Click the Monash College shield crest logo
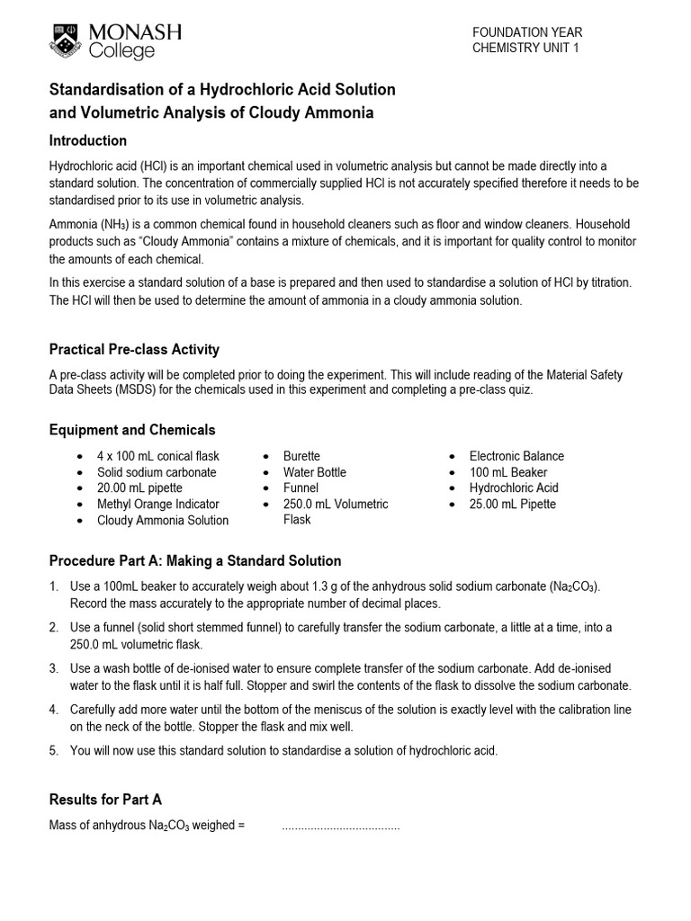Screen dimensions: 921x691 point(66,40)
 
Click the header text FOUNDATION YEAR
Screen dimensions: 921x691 point(527,32)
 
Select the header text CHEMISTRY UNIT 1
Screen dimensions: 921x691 point(526,49)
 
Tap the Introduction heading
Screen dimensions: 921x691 point(87,140)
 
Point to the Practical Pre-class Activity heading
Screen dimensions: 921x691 point(134,349)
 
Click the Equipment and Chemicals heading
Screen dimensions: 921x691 point(132,430)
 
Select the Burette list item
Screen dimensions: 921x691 point(301,456)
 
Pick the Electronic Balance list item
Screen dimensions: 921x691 point(516,456)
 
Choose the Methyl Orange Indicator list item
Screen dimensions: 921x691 point(157,505)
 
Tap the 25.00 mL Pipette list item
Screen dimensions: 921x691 point(512,505)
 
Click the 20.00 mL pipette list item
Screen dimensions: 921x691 point(139,488)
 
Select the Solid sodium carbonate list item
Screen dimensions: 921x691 point(157,472)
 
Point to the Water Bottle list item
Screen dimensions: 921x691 point(314,472)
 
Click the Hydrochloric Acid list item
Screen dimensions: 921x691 point(514,488)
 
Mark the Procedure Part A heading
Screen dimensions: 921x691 point(195,561)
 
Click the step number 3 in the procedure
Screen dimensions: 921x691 point(54,668)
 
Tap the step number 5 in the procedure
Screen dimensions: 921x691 point(54,750)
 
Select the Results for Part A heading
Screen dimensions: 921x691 point(105,799)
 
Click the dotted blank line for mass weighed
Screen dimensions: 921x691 point(340,826)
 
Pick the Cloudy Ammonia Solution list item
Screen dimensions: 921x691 point(163,521)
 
